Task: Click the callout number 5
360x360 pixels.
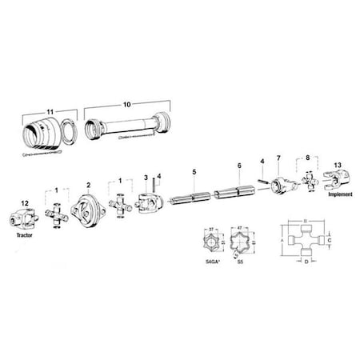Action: point(193,171)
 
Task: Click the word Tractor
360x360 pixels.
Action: point(25,238)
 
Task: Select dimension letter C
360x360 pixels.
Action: point(338,239)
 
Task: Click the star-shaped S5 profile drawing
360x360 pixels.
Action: point(239,241)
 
